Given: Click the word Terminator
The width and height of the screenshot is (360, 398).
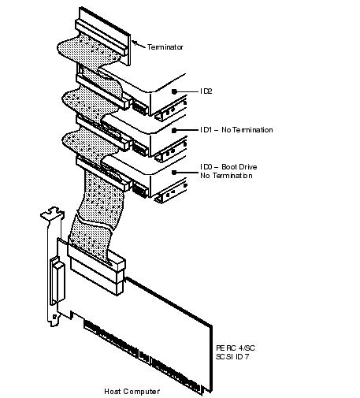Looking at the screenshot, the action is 165,47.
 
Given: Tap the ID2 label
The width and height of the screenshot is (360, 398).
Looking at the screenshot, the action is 206,91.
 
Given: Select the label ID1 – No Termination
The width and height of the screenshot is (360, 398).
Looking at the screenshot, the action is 236,130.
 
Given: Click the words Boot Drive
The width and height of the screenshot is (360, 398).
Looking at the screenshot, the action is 239,167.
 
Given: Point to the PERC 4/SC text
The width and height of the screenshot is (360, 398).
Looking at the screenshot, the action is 236,348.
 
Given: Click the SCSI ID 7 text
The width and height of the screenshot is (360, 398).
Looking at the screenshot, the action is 232,357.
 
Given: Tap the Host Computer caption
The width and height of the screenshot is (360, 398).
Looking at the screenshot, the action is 132,392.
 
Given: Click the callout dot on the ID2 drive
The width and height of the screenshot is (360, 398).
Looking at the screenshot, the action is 174,91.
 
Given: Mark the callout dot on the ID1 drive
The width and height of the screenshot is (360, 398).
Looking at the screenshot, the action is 174,130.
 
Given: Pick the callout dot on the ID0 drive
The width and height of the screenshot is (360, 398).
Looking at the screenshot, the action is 174,173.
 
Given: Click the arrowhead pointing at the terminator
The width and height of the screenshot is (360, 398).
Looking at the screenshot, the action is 134,43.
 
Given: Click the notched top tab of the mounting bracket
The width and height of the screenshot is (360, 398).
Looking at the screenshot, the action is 53,213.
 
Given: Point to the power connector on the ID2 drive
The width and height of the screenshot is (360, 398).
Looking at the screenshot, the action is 139,106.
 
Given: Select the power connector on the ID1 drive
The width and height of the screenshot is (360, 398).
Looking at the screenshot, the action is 139,148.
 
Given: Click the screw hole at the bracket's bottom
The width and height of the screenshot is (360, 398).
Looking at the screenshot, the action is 54,317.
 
